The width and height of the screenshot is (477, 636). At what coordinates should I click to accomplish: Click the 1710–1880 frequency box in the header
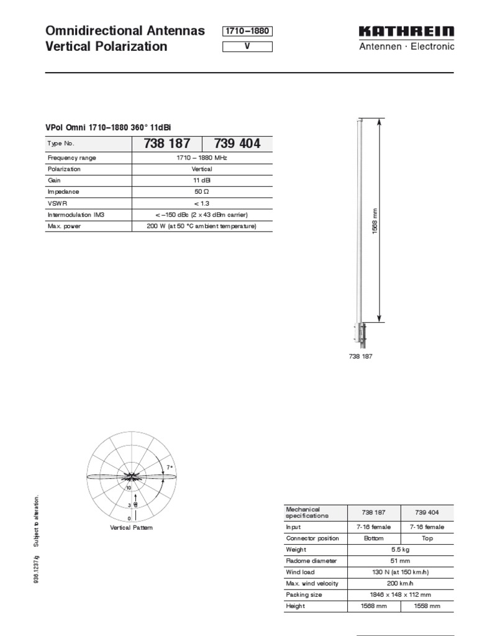[x=247, y=32]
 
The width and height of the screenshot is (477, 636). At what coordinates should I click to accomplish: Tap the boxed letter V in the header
[x=247, y=47]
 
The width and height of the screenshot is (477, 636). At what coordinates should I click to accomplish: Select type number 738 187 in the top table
[x=167, y=143]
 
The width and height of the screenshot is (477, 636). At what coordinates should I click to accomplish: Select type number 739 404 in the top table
[x=237, y=143]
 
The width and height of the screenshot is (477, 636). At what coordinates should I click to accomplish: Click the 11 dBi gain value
[x=202, y=180]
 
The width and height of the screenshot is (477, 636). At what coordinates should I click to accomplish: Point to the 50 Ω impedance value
[x=202, y=192]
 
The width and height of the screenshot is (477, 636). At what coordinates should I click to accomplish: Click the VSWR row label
[x=56, y=203]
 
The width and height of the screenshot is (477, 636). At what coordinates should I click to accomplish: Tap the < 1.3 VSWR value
[x=202, y=203]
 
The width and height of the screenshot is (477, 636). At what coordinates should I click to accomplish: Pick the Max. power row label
[x=61, y=226]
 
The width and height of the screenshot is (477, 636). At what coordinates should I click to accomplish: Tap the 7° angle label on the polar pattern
[x=168, y=466]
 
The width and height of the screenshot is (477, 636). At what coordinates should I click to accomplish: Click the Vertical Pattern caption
[x=131, y=527]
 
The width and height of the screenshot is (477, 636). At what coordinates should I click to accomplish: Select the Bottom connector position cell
[x=373, y=538]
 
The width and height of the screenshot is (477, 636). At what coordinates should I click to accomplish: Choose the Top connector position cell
[x=427, y=538]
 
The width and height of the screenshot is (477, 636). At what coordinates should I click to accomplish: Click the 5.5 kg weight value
[x=400, y=550]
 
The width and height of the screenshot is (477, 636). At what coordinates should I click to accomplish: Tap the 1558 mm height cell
[x=427, y=606]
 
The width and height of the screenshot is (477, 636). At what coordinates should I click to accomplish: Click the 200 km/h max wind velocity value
[x=400, y=583]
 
